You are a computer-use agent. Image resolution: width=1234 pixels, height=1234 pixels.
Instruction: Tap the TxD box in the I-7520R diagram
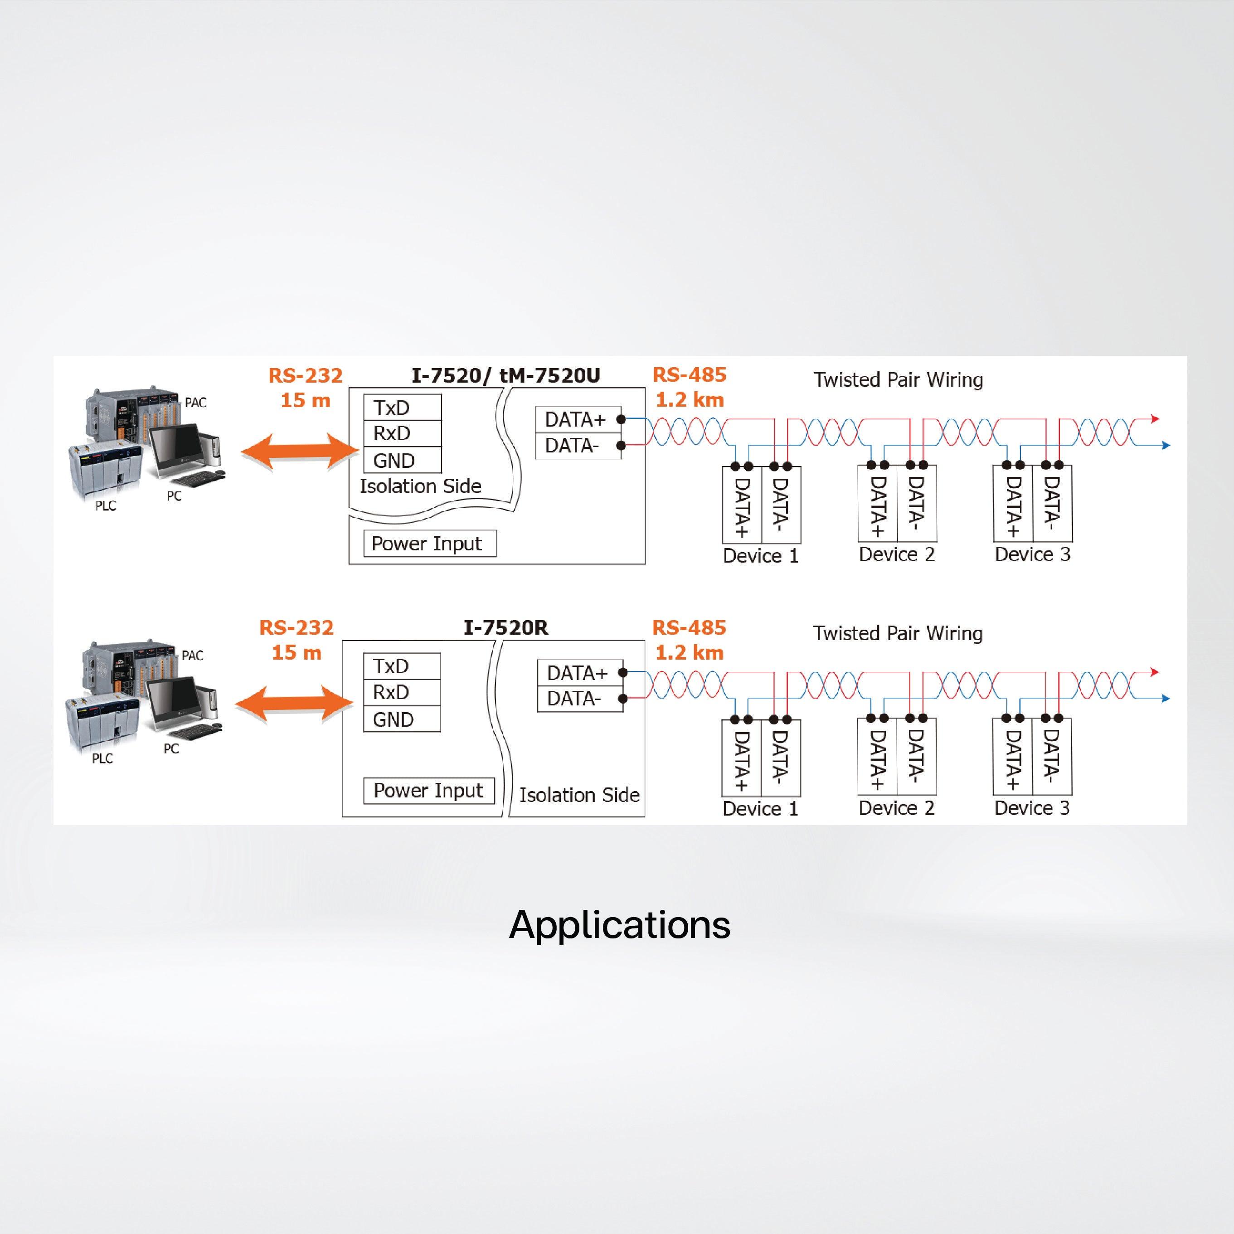coord(401,666)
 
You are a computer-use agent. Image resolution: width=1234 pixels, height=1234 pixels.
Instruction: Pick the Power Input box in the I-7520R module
coord(428,791)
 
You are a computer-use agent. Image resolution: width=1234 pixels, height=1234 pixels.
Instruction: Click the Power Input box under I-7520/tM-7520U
coord(429,544)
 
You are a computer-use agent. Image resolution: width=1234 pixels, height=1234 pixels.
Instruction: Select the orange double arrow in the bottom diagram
coord(294,704)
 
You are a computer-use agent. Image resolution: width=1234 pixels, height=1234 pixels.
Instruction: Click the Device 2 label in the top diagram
coord(896,554)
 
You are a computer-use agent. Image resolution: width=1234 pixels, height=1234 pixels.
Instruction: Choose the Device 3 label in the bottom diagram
coord(1031,808)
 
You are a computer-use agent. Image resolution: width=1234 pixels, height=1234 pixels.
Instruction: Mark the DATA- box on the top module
coord(578,446)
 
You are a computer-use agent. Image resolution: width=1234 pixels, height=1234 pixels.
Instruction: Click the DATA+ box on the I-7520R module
coord(579,673)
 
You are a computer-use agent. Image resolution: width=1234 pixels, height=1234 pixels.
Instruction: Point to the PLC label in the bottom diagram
coord(102,758)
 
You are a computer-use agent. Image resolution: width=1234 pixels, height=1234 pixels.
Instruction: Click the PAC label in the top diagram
coord(195,403)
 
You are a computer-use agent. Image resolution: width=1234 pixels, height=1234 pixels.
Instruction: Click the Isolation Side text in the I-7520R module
coord(579,795)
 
